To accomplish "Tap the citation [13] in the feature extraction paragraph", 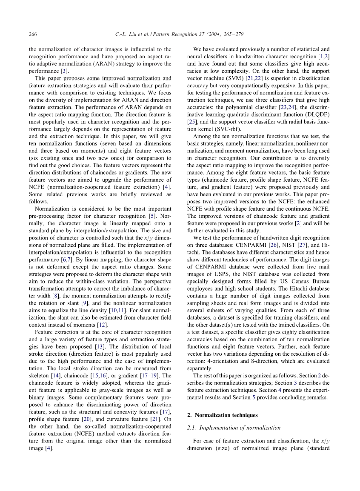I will pos(98,340).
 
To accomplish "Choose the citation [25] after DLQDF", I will pos(191,122).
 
